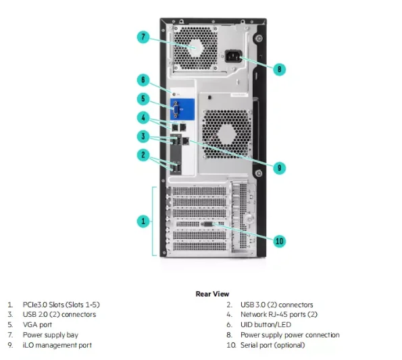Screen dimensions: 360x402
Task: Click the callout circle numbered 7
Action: [x=143, y=37]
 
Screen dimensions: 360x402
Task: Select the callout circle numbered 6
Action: [x=143, y=80]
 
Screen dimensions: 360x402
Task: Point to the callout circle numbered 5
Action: [x=143, y=99]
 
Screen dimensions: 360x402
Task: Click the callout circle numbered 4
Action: [x=143, y=118]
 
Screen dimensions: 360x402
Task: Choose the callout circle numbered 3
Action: [x=143, y=136]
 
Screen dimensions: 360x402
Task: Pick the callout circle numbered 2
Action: [x=143, y=155]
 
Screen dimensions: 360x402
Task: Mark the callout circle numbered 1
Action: [x=143, y=220]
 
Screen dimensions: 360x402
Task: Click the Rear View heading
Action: [x=212, y=294]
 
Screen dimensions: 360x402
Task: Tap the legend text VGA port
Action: [x=37, y=324]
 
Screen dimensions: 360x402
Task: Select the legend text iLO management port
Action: [x=57, y=345]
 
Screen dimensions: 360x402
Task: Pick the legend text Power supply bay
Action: [x=49, y=334]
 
